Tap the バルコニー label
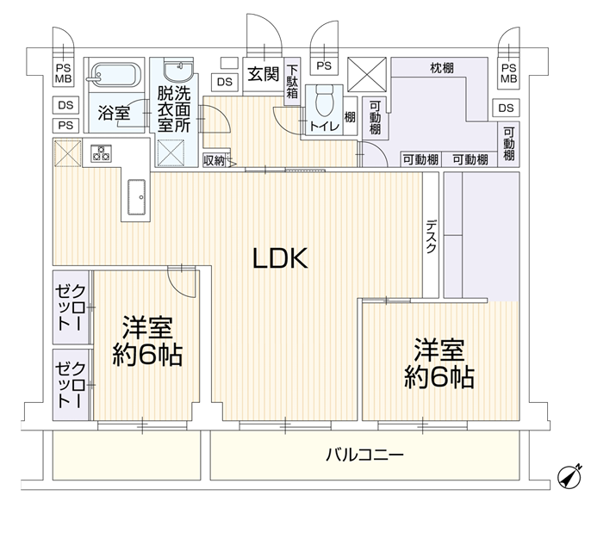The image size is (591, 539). point(364,454)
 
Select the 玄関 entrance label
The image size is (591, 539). point(262,74)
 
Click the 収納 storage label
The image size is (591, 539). point(214,160)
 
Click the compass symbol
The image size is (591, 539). point(569,476)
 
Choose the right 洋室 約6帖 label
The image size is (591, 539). point(440,363)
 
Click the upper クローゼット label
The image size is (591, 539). point(70,307)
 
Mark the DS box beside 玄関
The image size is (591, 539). point(224,82)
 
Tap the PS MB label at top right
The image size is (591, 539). point(508,73)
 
